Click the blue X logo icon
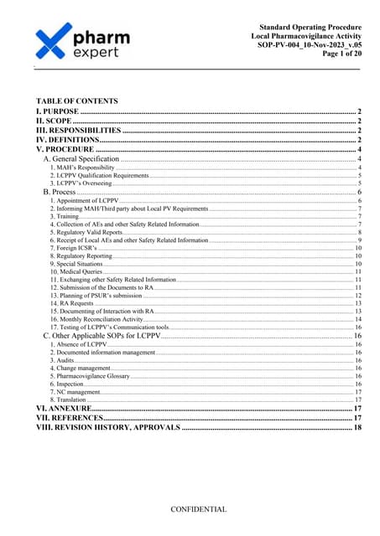point(57,43)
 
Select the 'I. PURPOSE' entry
point(57,111)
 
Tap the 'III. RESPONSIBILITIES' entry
point(78,131)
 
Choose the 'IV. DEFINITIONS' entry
point(66,140)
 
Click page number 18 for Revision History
point(357,427)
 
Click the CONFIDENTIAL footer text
point(199,509)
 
